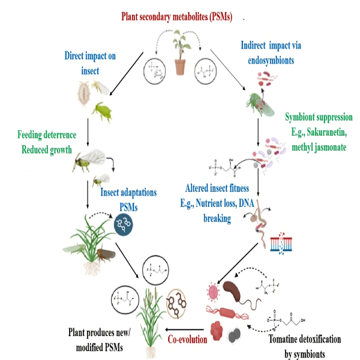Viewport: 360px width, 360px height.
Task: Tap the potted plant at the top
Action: tap(179, 55)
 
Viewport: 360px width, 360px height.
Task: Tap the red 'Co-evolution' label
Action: tap(187, 339)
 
